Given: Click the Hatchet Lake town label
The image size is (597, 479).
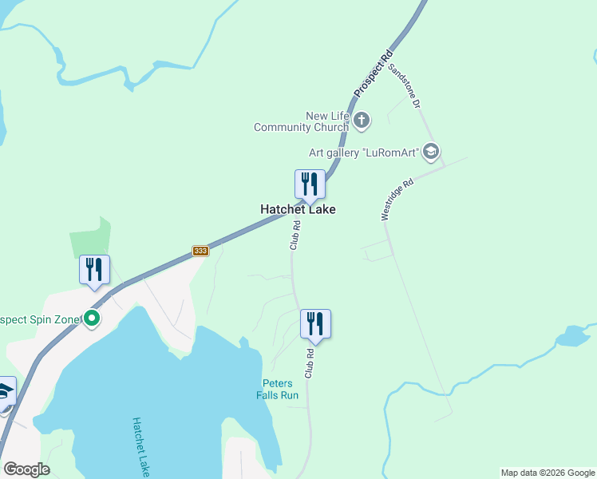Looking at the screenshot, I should (298, 209).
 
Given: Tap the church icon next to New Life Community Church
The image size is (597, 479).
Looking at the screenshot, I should (362, 121).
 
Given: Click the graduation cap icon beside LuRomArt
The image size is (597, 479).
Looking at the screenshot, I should (431, 152).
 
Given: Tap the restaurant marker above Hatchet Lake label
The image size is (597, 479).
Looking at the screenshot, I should (309, 184).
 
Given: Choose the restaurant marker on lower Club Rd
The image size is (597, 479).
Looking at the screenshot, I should (315, 323).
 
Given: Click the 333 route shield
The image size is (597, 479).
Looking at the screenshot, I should (200, 251).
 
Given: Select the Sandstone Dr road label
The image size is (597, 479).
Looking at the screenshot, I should (404, 85).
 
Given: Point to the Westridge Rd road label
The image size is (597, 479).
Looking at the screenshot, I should (397, 199).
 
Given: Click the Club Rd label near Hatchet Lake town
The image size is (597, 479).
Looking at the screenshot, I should (295, 236).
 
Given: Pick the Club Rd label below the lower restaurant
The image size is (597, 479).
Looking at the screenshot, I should (308, 363).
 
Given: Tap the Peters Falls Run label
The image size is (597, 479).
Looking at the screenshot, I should (277, 389).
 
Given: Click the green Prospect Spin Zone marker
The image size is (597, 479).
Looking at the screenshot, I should (92, 319).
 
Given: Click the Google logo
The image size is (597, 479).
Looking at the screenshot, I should (26, 469).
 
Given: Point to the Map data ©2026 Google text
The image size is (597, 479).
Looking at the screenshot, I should (548, 473).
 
